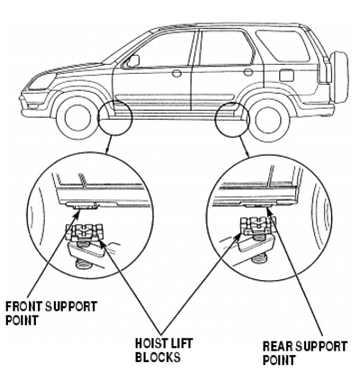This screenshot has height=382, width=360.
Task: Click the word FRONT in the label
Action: click(x=24, y=306)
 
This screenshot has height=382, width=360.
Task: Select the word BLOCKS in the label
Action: click(x=157, y=358)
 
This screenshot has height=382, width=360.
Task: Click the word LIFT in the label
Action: click(x=183, y=343)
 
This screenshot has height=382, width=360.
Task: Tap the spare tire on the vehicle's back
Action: click(x=339, y=77)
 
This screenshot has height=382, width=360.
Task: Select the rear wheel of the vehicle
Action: click(x=269, y=120)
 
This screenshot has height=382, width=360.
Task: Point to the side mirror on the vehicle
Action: click(x=132, y=61)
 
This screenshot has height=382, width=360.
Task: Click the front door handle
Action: click(x=176, y=73)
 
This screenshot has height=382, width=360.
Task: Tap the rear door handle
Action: click(x=248, y=72)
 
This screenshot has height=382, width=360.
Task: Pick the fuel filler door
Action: click(x=286, y=75)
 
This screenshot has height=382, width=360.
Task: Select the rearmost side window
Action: click(x=283, y=46)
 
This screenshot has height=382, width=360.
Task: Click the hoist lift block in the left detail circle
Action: click(x=85, y=232)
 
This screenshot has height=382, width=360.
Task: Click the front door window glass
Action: click(x=162, y=50)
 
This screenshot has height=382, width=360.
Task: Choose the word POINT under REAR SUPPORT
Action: click(x=279, y=360)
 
